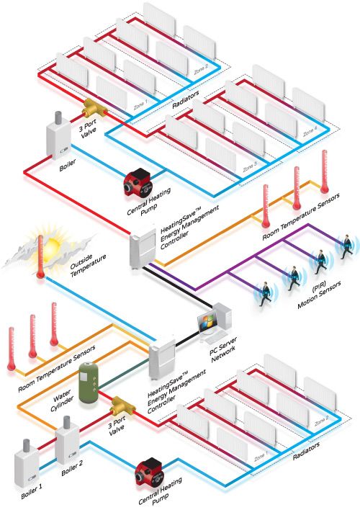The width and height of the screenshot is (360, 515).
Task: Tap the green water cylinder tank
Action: click(x=89, y=385)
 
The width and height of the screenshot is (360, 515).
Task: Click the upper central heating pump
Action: click(x=133, y=182)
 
